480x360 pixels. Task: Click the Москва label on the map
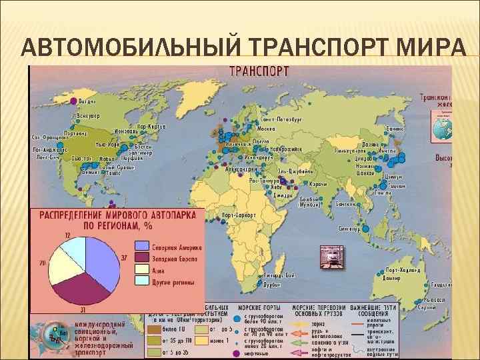pos(266,128)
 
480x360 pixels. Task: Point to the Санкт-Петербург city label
pos(281,119)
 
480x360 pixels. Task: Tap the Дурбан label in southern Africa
pos(271,284)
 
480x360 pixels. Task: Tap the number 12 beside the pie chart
pos(68,235)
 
